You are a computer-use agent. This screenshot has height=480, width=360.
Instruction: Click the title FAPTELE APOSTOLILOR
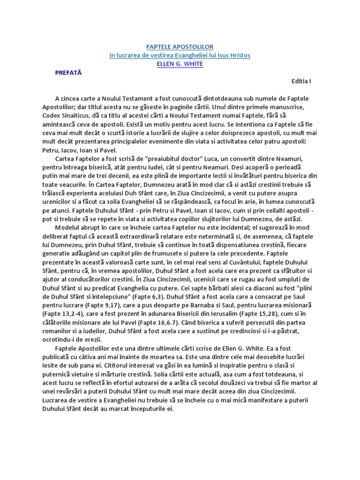coord(180,47)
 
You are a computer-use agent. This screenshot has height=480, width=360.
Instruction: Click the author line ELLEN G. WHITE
coord(180,64)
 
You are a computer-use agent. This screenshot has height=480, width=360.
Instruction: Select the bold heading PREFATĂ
coord(68,73)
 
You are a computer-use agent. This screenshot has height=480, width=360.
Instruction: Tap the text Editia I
coord(301,81)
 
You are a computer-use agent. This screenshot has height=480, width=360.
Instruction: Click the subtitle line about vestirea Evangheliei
coord(180,55)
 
